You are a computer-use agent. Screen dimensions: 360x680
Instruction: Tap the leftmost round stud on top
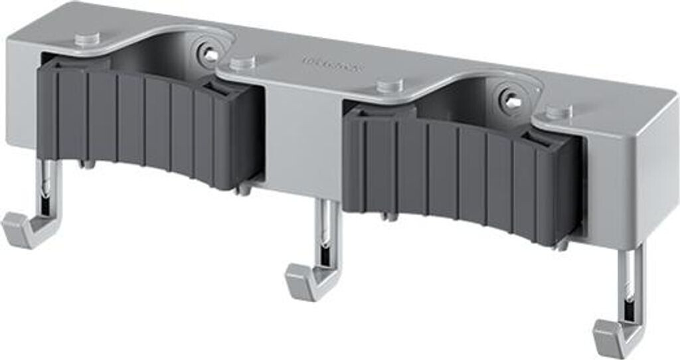click(x=87, y=39)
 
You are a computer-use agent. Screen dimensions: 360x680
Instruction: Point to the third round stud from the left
click(x=390, y=86)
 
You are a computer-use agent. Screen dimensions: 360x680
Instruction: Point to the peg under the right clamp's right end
click(x=561, y=244)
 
